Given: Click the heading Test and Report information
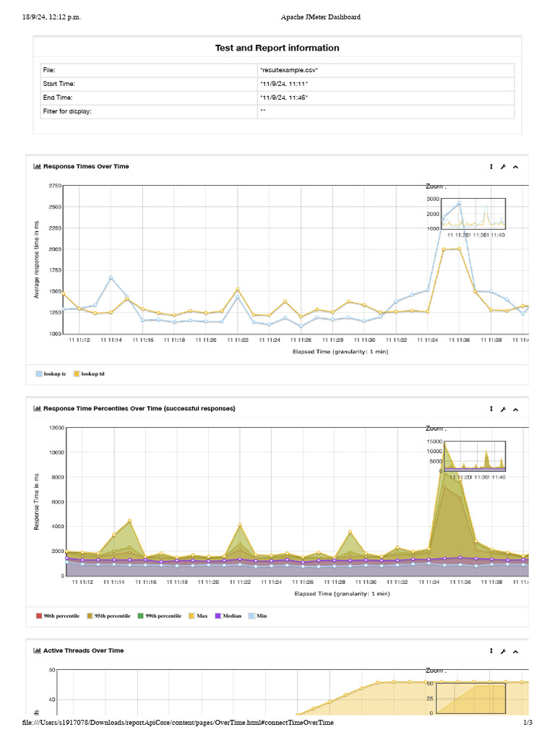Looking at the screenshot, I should pyautogui.click(x=277, y=48).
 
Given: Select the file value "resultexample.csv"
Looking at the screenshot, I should pyautogui.click(x=289, y=70).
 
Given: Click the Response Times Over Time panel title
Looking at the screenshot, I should pyautogui.click(x=86, y=166).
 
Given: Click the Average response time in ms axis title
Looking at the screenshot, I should pyautogui.click(x=37, y=259).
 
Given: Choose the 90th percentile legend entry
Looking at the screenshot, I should pyautogui.click(x=59, y=616).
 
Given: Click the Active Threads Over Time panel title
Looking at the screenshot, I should pyautogui.click(x=83, y=650).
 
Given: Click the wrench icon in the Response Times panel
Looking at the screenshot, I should pyautogui.click(x=504, y=166).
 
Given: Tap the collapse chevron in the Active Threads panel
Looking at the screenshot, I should pyautogui.click(x=516, y=650).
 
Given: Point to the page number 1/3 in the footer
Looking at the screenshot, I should pyautogui.click(x=528, y=723).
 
